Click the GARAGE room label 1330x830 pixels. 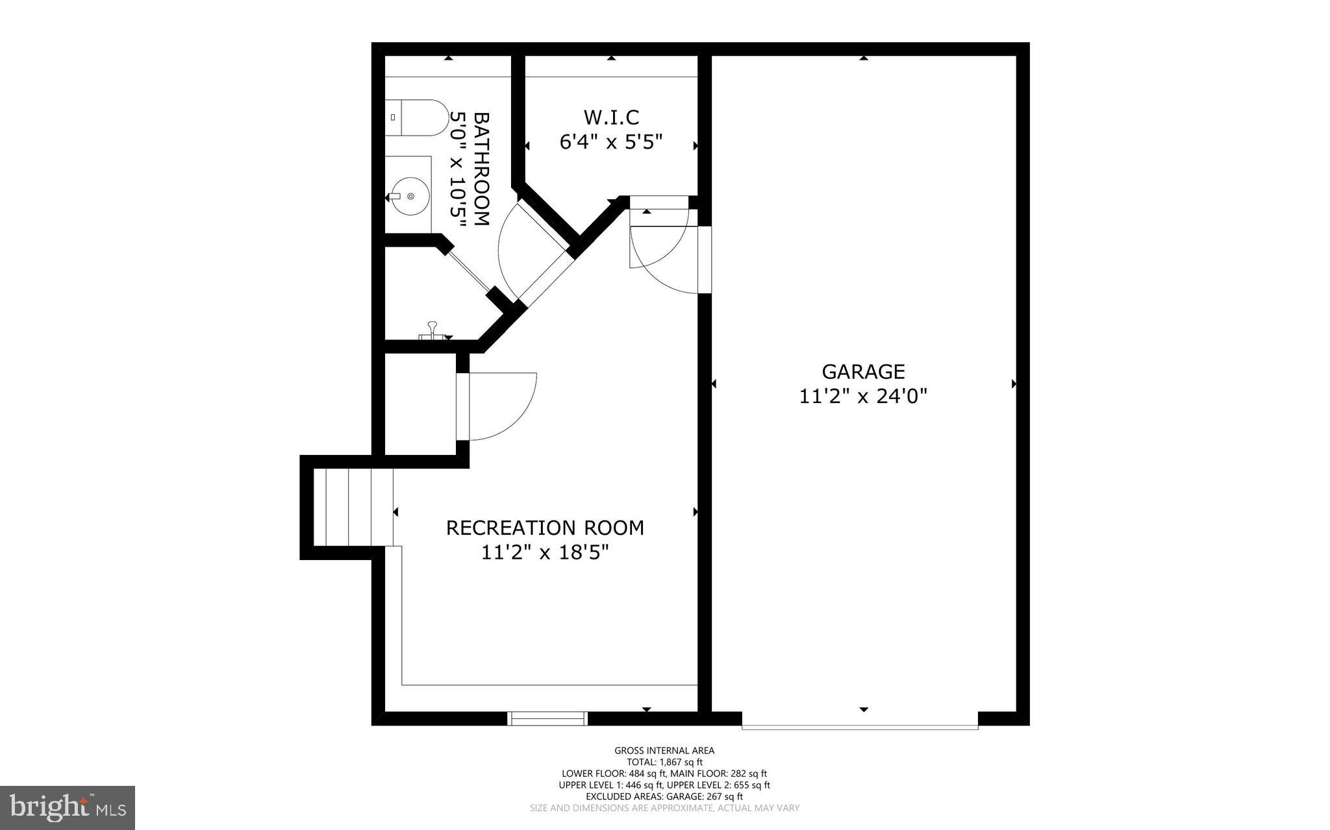click(x=863, y=372)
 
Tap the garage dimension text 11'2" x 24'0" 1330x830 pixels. click(x=863, y=396)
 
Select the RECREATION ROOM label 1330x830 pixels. click(x=545, y=528)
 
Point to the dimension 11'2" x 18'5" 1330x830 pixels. click(x=545, y=552)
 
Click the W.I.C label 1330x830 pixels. click(x=611, y=117)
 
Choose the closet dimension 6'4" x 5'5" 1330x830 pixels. click(x=611, y=141)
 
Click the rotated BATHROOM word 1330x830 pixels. click(x=481, y=169)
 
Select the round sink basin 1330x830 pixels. click(x=410, y=195)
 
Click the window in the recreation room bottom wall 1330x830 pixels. click(x=547, y=718)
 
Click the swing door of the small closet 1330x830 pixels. click(x=500, y=406)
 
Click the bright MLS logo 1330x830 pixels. click(x=67, y=807)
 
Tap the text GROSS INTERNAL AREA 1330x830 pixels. click(x=664, y=751)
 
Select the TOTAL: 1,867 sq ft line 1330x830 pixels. click(x=664, y=763)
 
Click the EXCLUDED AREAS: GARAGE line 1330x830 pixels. click(x=664, y=796)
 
